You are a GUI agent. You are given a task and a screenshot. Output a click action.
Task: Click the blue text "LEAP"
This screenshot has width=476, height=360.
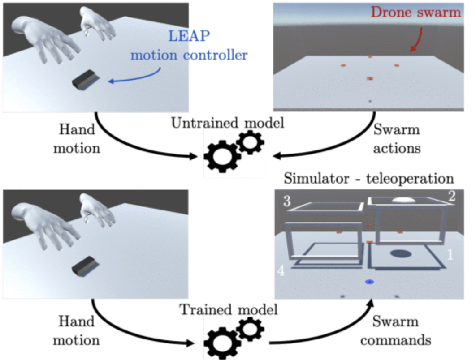click(185, 38)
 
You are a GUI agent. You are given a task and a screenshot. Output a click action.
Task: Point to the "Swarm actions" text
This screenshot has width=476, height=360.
click(397, 139)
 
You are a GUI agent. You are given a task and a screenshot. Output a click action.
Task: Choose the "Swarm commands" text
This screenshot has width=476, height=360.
click(396, 331)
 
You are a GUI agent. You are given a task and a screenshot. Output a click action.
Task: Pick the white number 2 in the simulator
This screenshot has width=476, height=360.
click(451, 196)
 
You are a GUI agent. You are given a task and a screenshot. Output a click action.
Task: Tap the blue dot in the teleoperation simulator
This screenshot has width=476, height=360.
click(369, 282)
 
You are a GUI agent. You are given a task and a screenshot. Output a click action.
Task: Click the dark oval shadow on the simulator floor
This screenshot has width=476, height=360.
click(401, 254)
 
